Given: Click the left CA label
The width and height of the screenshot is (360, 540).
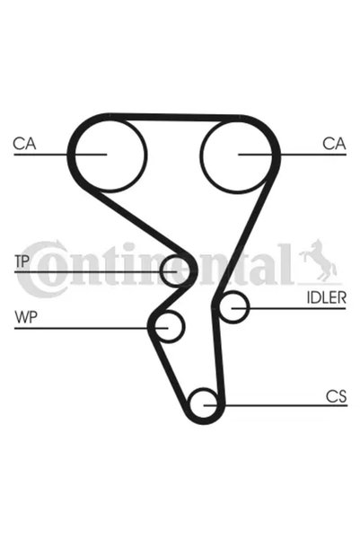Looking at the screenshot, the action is (24, 144).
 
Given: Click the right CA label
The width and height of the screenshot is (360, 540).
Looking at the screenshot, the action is (334, 144).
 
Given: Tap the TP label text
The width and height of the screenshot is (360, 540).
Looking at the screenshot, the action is (22, 261).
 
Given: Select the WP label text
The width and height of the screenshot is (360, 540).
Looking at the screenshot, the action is (26, 317).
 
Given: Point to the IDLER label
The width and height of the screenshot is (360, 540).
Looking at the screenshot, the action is (326, 298).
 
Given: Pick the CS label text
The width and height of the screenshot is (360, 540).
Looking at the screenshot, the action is (337, 396).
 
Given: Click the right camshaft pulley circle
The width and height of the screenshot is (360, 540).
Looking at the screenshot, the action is (237, 120).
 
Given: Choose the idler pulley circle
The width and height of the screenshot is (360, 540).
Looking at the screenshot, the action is (234, 292).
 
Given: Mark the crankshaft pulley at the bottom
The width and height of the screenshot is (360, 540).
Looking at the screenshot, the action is (204, 389).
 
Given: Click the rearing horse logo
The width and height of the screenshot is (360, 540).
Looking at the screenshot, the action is (319, 261).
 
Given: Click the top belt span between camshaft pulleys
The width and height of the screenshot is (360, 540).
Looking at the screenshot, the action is (174, 117).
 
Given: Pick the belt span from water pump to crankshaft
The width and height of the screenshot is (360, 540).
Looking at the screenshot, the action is (169, 372).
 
